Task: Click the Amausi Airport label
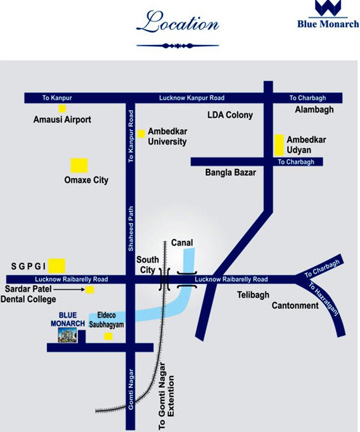62,119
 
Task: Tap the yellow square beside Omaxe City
79,165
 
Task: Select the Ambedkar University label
167,136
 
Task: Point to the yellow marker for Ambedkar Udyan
278,145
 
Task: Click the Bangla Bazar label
231,173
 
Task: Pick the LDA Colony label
230,115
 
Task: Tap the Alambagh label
314,110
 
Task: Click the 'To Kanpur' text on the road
55,98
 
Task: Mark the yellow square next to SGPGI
57,265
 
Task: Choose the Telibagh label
253,294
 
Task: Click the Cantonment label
295,305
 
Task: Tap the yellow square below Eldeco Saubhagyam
109,336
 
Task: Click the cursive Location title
177,24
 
